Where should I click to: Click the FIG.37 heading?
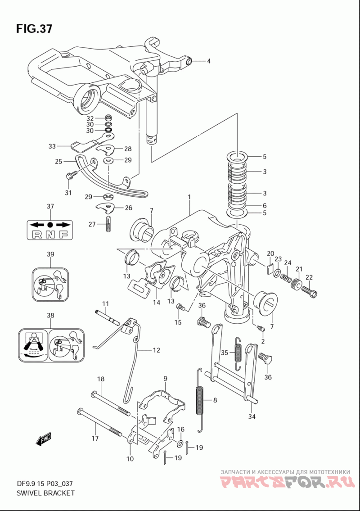[x=34, y=29]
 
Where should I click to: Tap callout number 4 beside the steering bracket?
[x=208, y=61]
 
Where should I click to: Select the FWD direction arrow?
[x=43, y=439]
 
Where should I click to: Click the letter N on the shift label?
[x=50, y=234]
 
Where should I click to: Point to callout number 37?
[x=50, y=206]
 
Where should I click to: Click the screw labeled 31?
[x=72, y=175]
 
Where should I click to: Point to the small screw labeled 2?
[x=260, y=329]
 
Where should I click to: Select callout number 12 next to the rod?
[x=157, y=350]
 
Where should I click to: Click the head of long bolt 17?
[x=80, y=411]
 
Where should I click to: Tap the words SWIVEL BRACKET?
[x=45, y=493]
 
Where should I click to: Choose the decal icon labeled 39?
[x=50, y=284]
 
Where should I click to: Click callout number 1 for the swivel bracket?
[x=189, y=197]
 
